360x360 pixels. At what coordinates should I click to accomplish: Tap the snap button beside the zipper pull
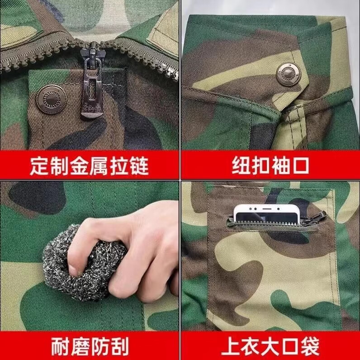click(x=52, y=99)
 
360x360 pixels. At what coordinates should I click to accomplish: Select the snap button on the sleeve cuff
click(x=289, y=75)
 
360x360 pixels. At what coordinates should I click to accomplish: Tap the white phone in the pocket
click(x=267, y=214)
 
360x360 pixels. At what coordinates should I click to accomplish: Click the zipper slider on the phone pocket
click(x=319, y=218)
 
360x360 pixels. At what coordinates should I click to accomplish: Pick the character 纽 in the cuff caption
click(x=241, y=165)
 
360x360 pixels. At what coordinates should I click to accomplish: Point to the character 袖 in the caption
click(x=280, y=165)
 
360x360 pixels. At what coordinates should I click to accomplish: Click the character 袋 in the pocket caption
click(x=310, y=346)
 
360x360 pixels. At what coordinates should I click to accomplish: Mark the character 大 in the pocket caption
click(x=270, y=346)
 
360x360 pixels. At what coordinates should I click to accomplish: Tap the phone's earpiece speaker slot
click(x=267, y=209)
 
